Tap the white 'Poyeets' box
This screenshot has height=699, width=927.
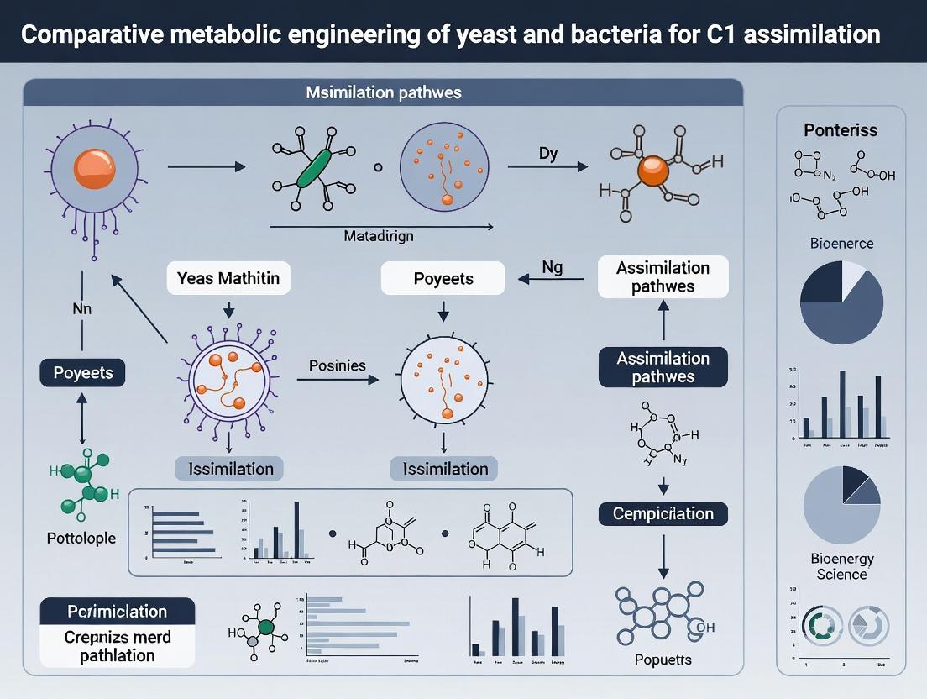(443, 278)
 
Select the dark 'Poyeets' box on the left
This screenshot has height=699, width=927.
(82, 372)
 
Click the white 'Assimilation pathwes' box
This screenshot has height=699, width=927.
(663, 277)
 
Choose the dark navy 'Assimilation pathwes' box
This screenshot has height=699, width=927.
(663, 367)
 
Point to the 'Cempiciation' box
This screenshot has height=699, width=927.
(663, 513)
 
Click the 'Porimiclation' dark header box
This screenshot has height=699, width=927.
(118, 612)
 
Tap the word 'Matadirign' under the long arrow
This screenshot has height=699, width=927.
(379, 236)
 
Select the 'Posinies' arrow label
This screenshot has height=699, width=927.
(338, 365)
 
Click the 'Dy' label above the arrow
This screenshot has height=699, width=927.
(548, 154)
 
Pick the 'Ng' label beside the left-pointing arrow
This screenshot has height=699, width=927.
(552, 268)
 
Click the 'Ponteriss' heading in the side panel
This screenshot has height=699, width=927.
(841, 130)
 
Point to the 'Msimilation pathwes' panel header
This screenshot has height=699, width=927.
(383, 92)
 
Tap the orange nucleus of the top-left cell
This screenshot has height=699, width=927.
(94, 168)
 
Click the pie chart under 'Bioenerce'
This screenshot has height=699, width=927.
(841, 301)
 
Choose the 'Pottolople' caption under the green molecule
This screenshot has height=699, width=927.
(81, 538)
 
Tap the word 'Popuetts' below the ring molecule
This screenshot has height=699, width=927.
(663, 660)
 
